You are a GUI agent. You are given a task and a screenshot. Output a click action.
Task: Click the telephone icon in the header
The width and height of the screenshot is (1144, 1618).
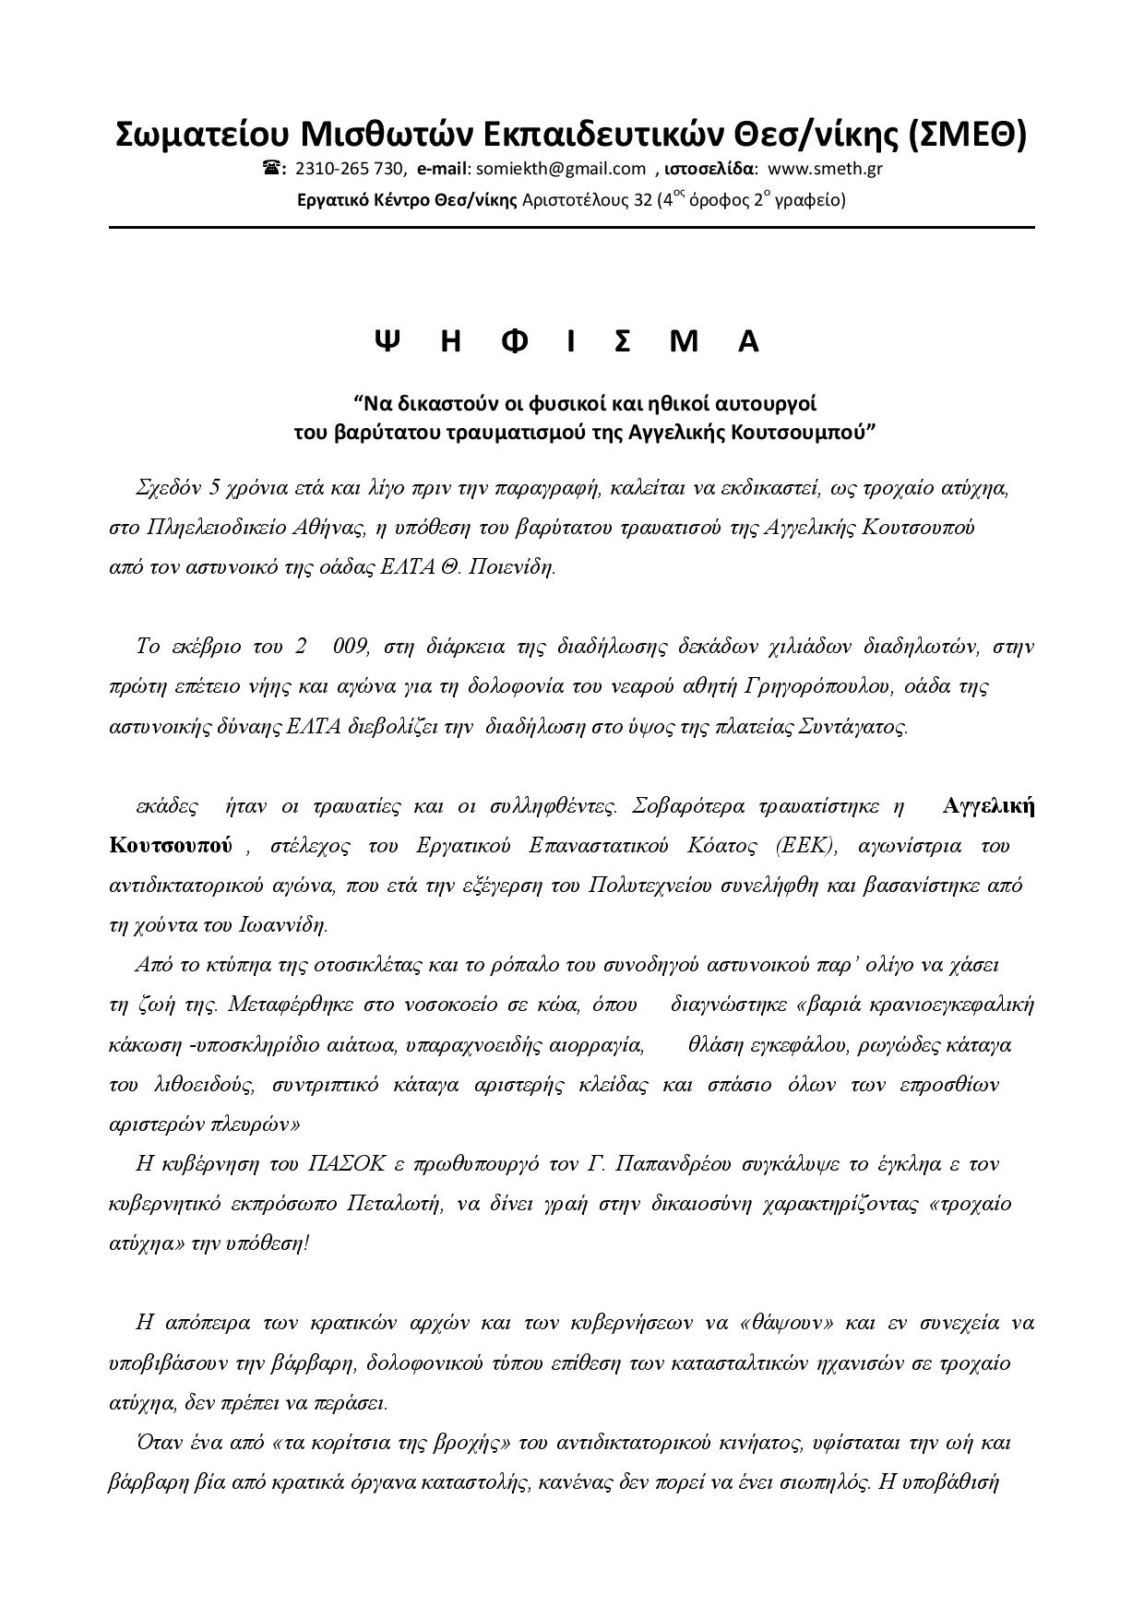[274, 168]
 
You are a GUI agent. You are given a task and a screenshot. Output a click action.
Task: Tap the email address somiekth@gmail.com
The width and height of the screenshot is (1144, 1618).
[560, 168]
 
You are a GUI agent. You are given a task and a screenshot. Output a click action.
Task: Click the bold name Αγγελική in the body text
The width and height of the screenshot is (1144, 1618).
[988, 805]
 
